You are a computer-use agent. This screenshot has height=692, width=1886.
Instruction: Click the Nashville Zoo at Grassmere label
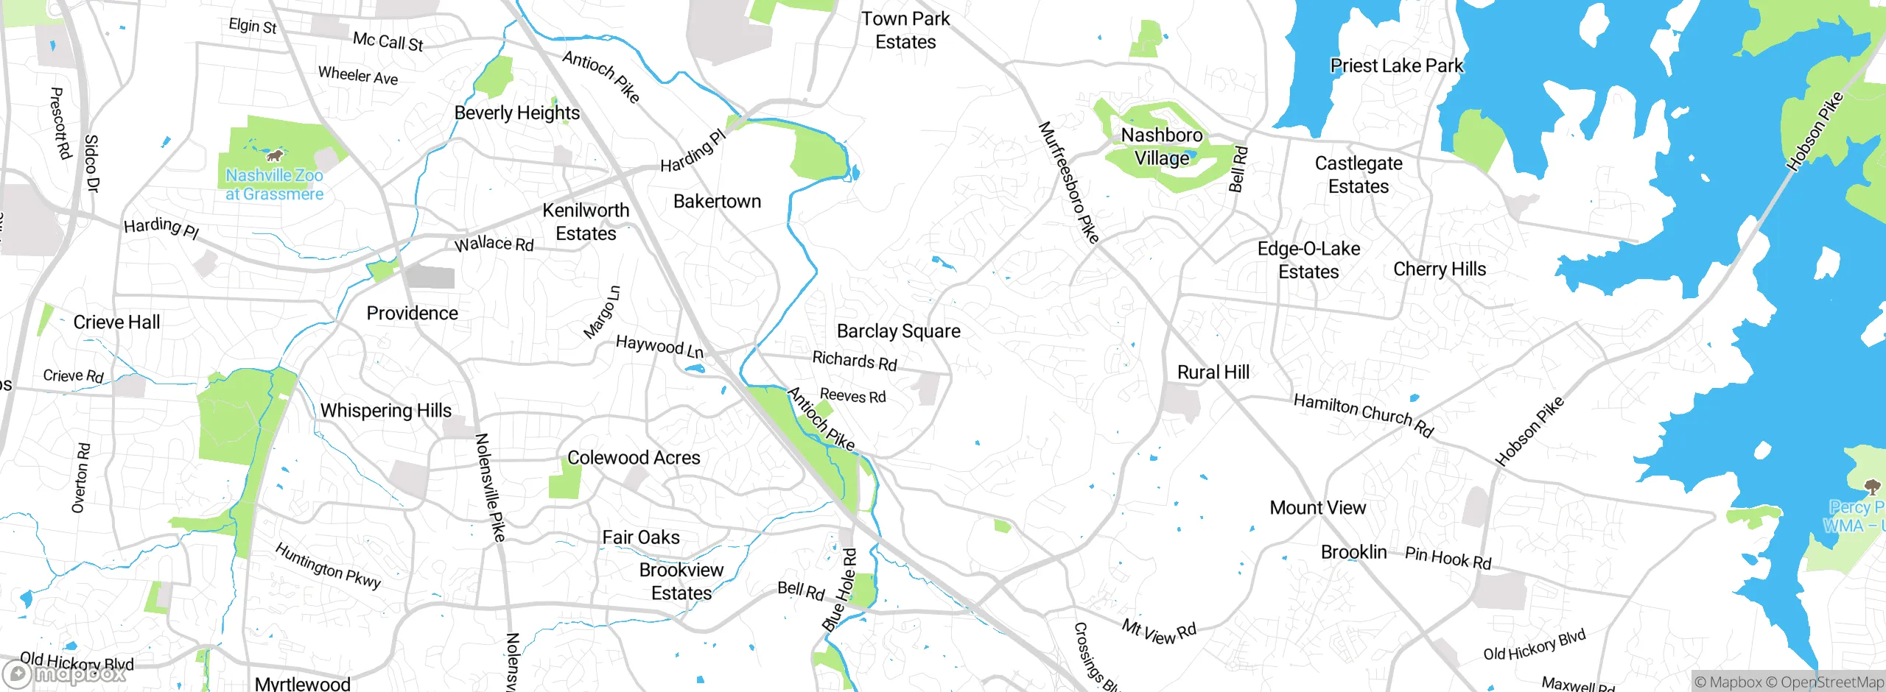pyautogui.click(x=274, y=185)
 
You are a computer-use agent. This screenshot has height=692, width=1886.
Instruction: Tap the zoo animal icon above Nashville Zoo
pyautogui.click(x=275, y=155)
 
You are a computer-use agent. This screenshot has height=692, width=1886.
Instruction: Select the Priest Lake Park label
pyautogui.click(x=1396, y=66)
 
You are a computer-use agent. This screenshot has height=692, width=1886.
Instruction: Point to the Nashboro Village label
pyautogui.click(x=1162, y=146)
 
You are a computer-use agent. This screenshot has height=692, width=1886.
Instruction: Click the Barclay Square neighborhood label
pyautogui.click(x=898, y=331)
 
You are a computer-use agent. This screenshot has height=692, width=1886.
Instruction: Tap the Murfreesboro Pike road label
pyautogui.click(x=1068, y=182)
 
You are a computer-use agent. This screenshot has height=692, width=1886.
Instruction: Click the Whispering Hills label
pyautogui.click(x=385, y=411)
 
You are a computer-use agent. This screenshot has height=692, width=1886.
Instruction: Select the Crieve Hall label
pyautogui.click(x=116, y=322)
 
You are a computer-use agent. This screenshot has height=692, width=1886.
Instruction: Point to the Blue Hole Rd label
pyautogui.click(x=841, y=589)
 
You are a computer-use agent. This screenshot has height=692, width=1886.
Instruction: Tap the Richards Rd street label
pyautogui.click(x=854, y=361)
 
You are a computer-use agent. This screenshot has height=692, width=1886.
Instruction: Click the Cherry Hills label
pyautogui.click(x=1439, y=269)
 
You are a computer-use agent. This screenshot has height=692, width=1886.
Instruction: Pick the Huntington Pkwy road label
pyautogui.click(x=328, y=565)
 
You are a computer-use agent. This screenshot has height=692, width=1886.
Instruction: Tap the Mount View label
pyautogui.click(x=1317, y=508)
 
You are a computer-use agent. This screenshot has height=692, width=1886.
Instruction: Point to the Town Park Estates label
pyautogui.click(x=905, y=30)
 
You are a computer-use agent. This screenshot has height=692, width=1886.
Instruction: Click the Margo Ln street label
pyautogui.click(x=602, y=312)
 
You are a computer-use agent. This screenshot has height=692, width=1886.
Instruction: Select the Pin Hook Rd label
pyautogui.click(x=1448, y=558)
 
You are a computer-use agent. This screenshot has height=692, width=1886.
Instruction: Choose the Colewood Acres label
pyautogui.click(x=634, y=458)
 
